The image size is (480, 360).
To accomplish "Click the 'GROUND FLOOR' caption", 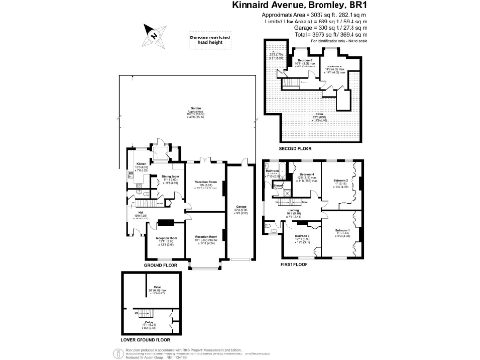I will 163,265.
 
